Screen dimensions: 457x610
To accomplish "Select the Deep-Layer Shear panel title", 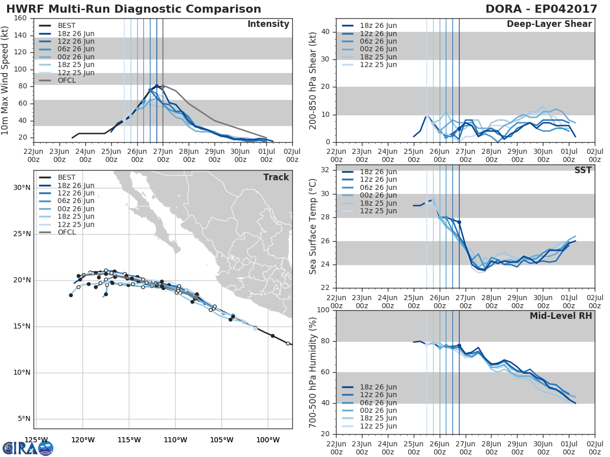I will point(549,24).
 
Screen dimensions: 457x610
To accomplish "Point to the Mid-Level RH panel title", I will point(561,316).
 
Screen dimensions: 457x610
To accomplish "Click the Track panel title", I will point(276,177).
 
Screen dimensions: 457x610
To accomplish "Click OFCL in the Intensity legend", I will point(67,80).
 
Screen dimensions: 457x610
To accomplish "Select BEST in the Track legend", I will point(67,177).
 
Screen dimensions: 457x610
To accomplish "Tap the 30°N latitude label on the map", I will point(22,188).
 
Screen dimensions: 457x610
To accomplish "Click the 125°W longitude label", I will point(36,440).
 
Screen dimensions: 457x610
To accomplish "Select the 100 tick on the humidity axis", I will point(322,310).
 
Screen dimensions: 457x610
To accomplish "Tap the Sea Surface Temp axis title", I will point(313,227).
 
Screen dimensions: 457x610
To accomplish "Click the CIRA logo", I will point(28,448).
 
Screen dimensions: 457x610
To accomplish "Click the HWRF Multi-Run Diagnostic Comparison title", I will point(134,9).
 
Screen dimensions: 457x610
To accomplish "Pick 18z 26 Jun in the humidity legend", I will point(379,387).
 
